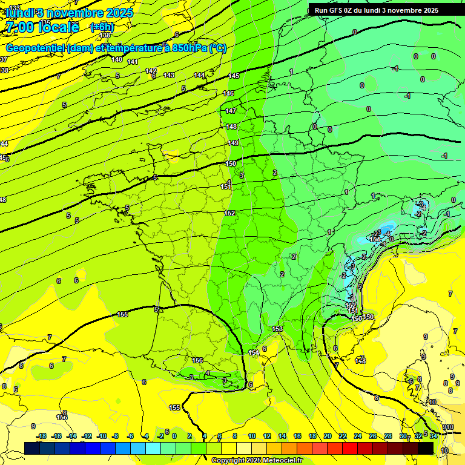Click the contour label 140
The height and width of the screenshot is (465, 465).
pos(117,59)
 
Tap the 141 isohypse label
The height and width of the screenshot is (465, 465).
pos(133,62)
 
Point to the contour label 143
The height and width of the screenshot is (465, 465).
pos(169,75)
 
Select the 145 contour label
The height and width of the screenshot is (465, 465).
pos(234,76)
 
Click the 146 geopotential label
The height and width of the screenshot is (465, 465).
pos(228,93)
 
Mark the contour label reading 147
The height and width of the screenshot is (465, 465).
pos(231,111)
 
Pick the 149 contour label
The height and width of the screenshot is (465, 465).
pos(233,143)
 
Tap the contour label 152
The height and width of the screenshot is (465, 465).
pos(230,213)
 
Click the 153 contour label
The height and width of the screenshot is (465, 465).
pos(277,329)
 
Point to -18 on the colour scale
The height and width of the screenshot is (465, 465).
pos(41,436)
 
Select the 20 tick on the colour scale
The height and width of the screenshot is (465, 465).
pos(328,436)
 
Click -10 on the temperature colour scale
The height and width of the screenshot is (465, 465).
pos(102,436)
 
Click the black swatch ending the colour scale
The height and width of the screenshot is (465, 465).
pos(426,448)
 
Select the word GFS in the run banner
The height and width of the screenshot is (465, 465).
pos(339,10)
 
